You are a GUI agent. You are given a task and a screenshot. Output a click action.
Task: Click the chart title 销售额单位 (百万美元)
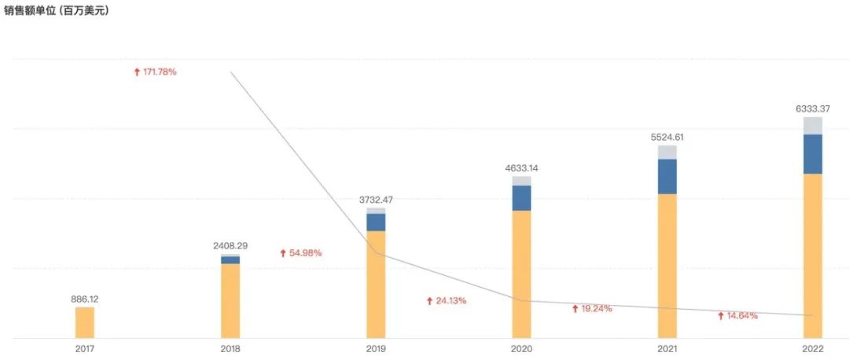pyautogui.click(x=56, y=11)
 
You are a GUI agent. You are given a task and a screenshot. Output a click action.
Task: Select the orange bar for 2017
pyautogui.click(x=85, y=322)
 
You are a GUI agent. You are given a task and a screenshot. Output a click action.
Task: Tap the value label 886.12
pyautogui.click(x=84, y=299)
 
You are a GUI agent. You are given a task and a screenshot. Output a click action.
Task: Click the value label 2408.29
pyautogui.click(x=230, y=246)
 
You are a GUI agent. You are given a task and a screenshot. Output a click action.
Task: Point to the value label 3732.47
pyautogui.click(x=376, y=200)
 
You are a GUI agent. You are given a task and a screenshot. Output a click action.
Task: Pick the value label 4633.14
pyautogui.click(x=521, y=168)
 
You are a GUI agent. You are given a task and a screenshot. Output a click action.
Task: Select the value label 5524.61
pyautogui.click(x=667, y=137)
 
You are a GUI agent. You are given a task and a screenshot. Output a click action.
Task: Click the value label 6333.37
pyautogui.click(x=813, y=108)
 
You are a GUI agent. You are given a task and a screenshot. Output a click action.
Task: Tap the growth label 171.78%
pyautogui.click(x=156, y=72)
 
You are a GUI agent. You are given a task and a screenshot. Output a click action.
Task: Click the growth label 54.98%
pyautogui.click(x=301, y=253)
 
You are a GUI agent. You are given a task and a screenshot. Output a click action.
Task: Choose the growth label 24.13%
pyautogui.click(x=447, y=301)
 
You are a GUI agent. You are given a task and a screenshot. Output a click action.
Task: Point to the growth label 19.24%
pyautogui.click(x=592, y=309)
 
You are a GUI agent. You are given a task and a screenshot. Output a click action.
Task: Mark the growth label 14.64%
pyautogui.click(x=737, y=316)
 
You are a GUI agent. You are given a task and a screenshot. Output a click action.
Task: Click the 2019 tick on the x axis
pyautogui.click(x=376, y=348)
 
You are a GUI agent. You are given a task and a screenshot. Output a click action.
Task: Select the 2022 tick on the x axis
pyautogui.click(x=813, y=348)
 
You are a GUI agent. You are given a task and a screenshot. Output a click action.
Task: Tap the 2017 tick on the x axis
pyautogui.click(x=85, y=348)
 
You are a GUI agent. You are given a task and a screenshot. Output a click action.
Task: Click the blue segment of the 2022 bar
pyautogui.click(x=813, y=154)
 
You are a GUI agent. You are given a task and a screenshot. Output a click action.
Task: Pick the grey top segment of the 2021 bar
pyautogui.click(x=667, y=152)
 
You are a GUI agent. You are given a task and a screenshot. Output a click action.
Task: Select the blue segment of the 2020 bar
pyautogui.click(x=521, y=198)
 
